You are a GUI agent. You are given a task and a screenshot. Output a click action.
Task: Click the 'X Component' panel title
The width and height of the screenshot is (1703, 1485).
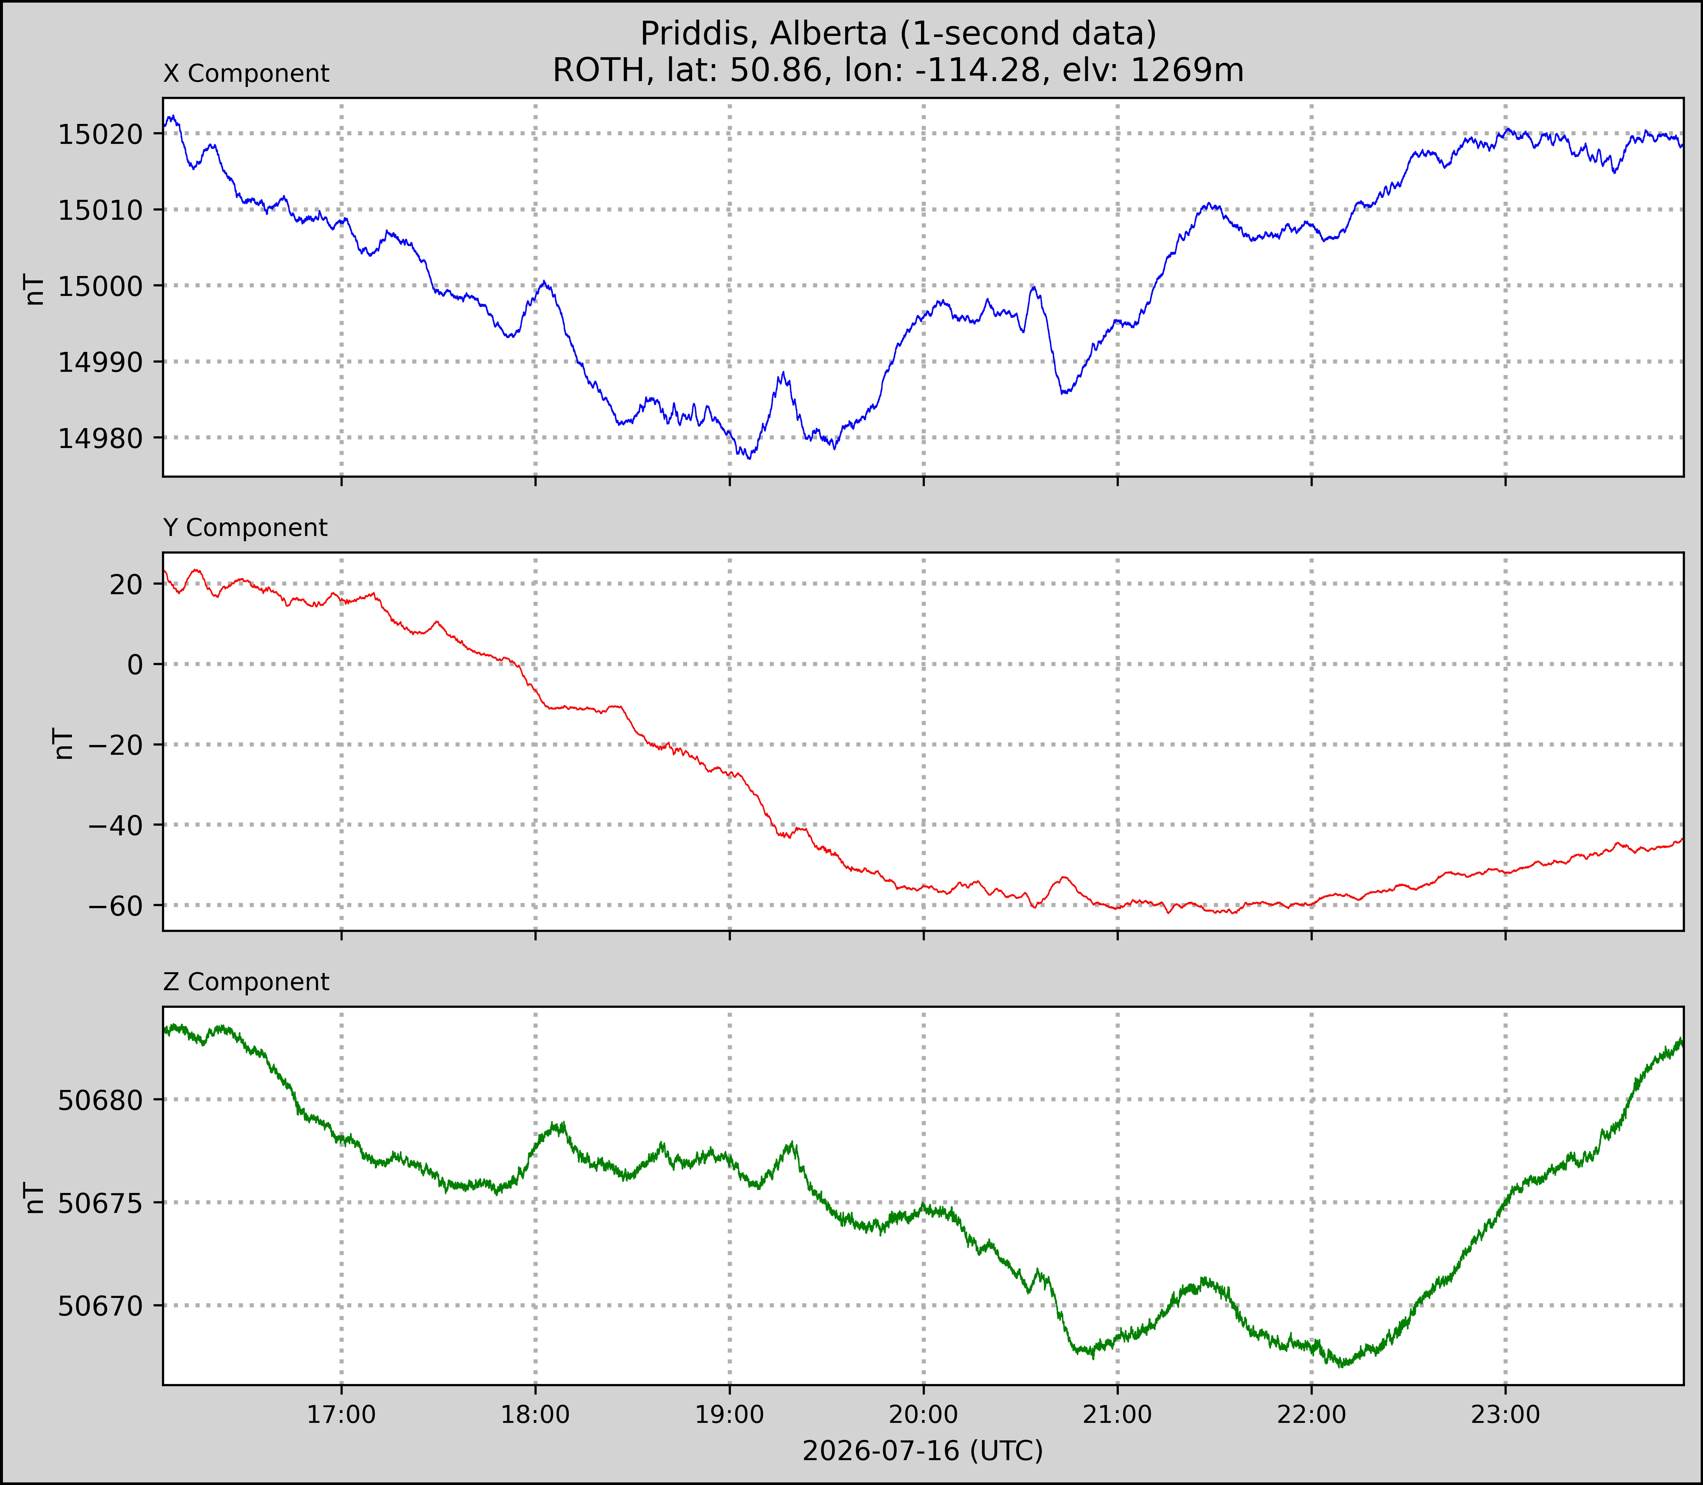coord(246,74)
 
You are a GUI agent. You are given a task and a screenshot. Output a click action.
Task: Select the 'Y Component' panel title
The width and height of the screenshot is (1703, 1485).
coord(245,528)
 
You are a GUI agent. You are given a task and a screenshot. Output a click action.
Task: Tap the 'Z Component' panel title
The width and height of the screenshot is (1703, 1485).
coord(246,982)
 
